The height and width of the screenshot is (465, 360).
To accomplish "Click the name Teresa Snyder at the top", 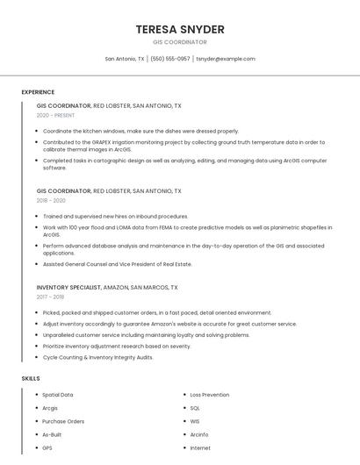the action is pyautogui.click(x=180, y=29).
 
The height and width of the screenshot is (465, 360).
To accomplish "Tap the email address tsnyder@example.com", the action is pyautogui.click(x=226, y=59).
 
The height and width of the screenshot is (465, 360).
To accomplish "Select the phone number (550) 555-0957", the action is pyautogui.click(x=170, y=59).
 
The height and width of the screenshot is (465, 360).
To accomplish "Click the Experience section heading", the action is pyautogui.click(x=38, y=92).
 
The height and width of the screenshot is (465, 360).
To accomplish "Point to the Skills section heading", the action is pyautogui.click(x=31, y=378).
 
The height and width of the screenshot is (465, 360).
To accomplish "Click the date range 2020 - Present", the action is pyautogui.click(x=55, y=115).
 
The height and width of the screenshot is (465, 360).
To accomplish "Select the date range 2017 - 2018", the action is pyautogui.click(x=52, y=297).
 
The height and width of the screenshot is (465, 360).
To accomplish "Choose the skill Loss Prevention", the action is pyautogui.click(x=210, y=395).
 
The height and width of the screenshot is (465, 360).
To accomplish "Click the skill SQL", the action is pyautogui.click(x=195, y=408).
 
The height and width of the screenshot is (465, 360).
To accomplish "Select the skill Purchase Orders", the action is pyautogui.click(x=63, y=421).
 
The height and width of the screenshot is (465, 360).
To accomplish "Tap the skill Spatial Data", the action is pyautogui.click(x=58, y=395).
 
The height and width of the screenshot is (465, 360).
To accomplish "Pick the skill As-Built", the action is pyautogui.click(x=52, y=434).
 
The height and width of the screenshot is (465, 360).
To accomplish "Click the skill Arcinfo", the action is pyautogui.click(x=199, y=434).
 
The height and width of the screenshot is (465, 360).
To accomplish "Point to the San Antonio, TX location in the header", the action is pyautogui.click(x=125, y=59).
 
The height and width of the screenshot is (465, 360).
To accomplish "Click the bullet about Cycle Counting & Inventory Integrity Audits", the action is pyautogui.click(x=97, y=357).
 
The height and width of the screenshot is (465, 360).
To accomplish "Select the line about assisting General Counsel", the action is pyautogui.click(x=117, y=264).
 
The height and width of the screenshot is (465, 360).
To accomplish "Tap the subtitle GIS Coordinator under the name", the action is pyautogui.click(x=180, y=42).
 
